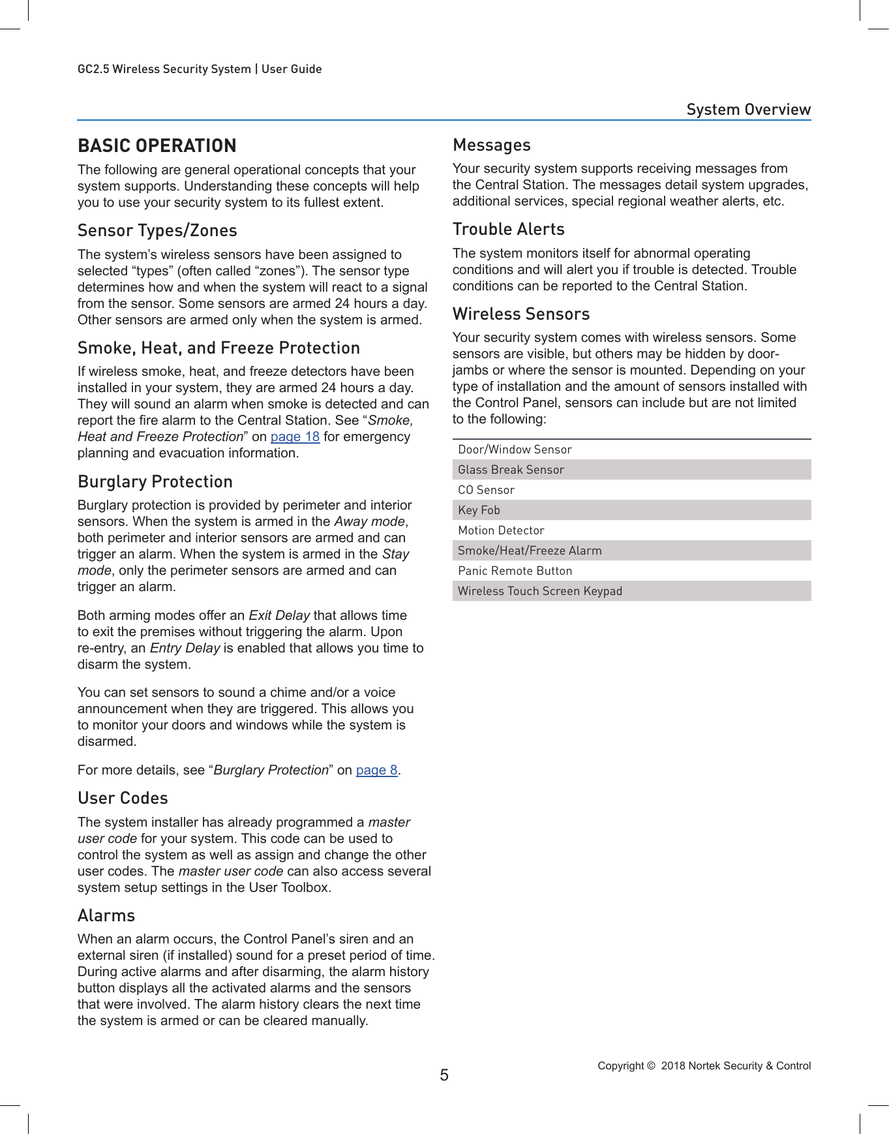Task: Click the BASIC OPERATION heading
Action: coord(157,146)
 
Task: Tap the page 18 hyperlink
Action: coord(295,437)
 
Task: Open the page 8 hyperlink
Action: coord(376,770)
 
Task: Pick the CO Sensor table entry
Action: coord(486,490)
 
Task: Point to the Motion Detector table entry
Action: coord(501,530)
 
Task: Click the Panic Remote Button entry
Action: coord(515,571)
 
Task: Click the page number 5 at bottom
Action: coord(444,1075)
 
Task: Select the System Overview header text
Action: coord(748,109)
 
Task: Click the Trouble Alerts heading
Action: coord(508,229)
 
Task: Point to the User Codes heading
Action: coord(123,798)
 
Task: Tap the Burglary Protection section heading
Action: coord(155,482)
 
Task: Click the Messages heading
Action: coord(491,145)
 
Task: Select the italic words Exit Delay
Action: coord(279,615)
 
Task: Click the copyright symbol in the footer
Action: coord(650,1065)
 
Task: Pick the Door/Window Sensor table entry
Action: coord(515,450)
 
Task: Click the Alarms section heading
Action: coord(106,915)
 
